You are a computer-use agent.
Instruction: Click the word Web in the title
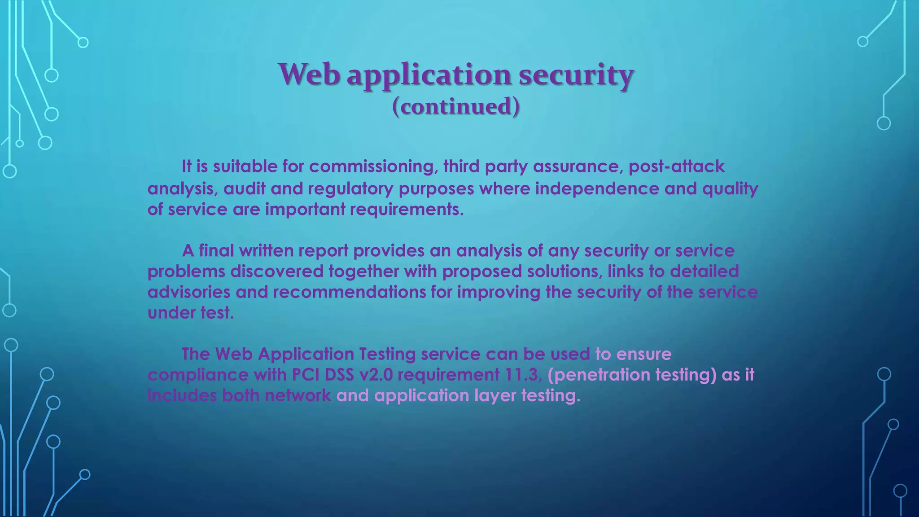(308, 74)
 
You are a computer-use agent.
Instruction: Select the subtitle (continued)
(456, 107)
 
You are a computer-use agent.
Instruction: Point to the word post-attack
(676, 166)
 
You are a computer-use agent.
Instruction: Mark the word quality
(730, 188)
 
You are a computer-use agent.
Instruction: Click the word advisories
(189, 292)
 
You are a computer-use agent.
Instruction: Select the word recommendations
(349, 292)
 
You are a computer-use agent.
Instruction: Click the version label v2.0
(376, 375)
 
